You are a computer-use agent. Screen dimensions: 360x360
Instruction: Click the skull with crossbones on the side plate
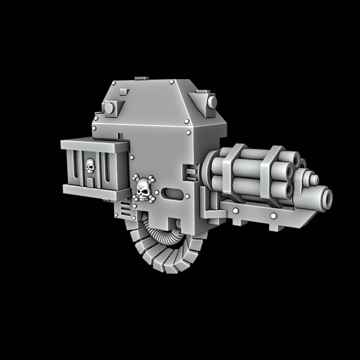(x=143, y=188)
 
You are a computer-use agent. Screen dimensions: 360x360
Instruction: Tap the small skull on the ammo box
(x=91, y=165)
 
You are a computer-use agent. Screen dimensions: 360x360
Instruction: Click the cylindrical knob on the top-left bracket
(x=109, y=108)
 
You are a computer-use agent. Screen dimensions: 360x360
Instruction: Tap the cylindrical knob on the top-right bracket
(x=212, y=102)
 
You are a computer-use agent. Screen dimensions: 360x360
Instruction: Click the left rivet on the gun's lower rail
(x=236, y=211)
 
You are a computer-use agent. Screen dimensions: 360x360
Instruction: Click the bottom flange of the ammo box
(x=95, y=188)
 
